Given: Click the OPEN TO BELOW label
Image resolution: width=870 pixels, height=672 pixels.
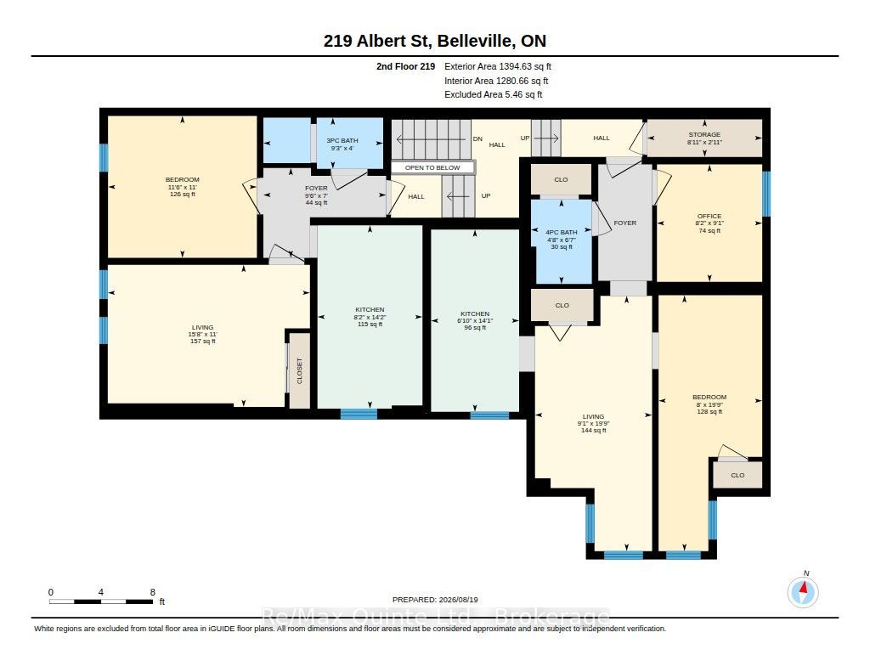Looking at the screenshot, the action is [432, 167].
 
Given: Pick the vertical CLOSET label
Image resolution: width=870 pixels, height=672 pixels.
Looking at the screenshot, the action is [300, 370].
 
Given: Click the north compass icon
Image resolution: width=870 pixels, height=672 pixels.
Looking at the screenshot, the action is [803, 591].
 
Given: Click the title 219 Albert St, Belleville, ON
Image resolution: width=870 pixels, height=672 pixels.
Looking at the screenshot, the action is [435, 41].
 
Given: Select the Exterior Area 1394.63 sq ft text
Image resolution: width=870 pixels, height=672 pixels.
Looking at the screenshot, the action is [498, 66].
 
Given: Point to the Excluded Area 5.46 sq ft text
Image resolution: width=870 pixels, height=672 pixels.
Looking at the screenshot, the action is [494, 94].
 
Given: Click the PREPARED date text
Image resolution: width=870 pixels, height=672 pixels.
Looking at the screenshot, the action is [435, 599].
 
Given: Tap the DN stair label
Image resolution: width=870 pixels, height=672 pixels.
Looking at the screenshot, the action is [477, 138].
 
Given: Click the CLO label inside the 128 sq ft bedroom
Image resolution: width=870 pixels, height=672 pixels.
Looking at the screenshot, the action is [737, 475].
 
